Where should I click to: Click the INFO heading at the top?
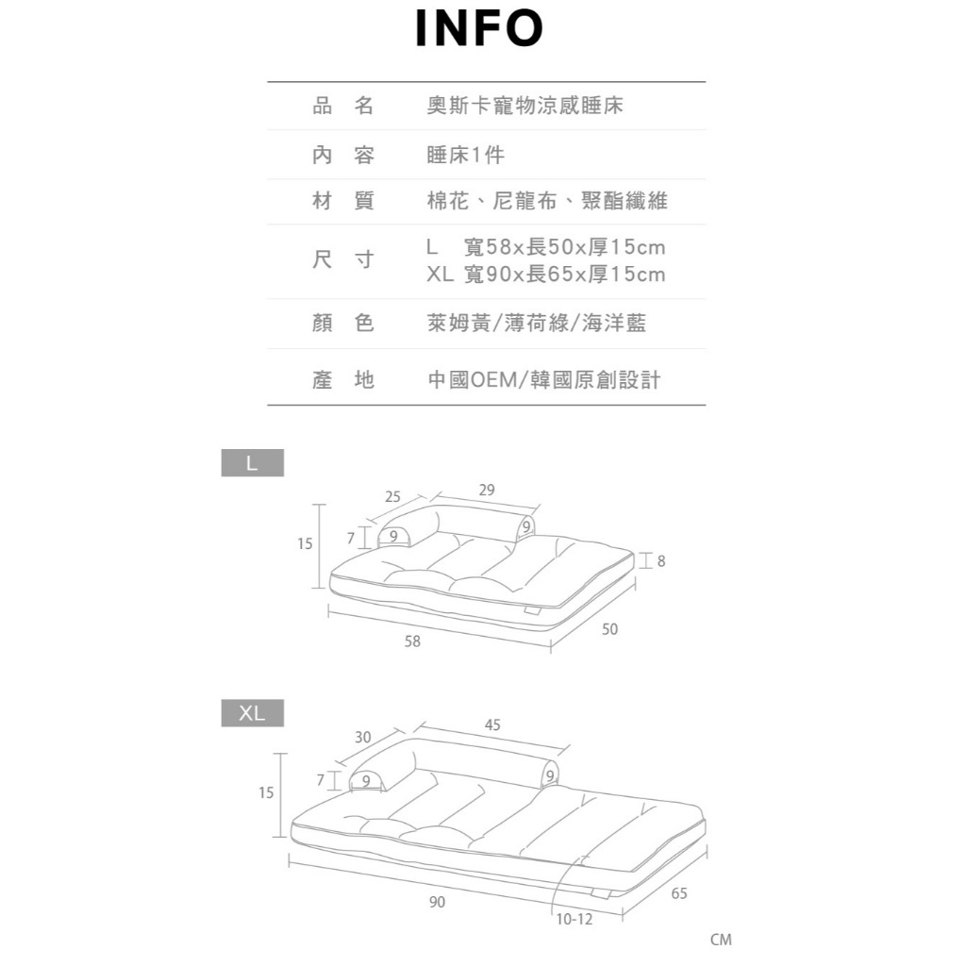[x=480, y=29]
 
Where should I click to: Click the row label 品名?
[x=343, y=107]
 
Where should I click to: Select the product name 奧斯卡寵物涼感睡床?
[x=525, y=107]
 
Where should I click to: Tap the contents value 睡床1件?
[x=466, y=155]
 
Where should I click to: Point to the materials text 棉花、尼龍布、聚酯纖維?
[x=547, y=201]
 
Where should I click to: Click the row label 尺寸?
[x=343, y=260]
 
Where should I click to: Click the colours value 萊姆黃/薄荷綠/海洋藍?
[x=537, y=324]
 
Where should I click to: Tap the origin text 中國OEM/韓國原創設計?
[x=544, y=379]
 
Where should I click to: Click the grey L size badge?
[x=252, y=463]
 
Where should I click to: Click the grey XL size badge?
[x=252, y=713]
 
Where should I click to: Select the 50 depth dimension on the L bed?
[x=609, y=629]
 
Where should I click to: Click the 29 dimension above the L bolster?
[x=486, y=491]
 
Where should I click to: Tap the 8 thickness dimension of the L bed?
[x=660, y=561]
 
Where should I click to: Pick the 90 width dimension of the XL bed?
[x=437, y=903]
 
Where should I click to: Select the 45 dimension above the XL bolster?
[x=492, y=724]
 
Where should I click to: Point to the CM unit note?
[x=721, y=940]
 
